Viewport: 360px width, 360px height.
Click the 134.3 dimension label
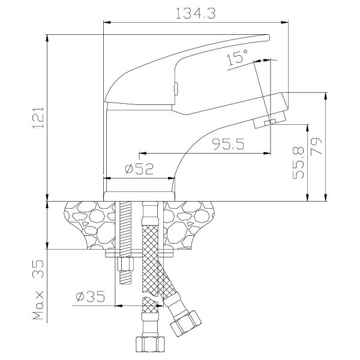click(196, 13)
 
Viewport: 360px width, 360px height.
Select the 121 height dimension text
click(38, 118)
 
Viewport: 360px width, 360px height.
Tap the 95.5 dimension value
click(228, 144)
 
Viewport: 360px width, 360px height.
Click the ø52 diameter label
click(139, 169)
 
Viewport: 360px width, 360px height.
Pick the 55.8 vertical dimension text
click(298, 163)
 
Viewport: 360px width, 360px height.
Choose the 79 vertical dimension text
click(316, 147)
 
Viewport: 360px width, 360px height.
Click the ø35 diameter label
click(91, 296)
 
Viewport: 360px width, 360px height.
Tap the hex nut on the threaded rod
click(125, 264)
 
